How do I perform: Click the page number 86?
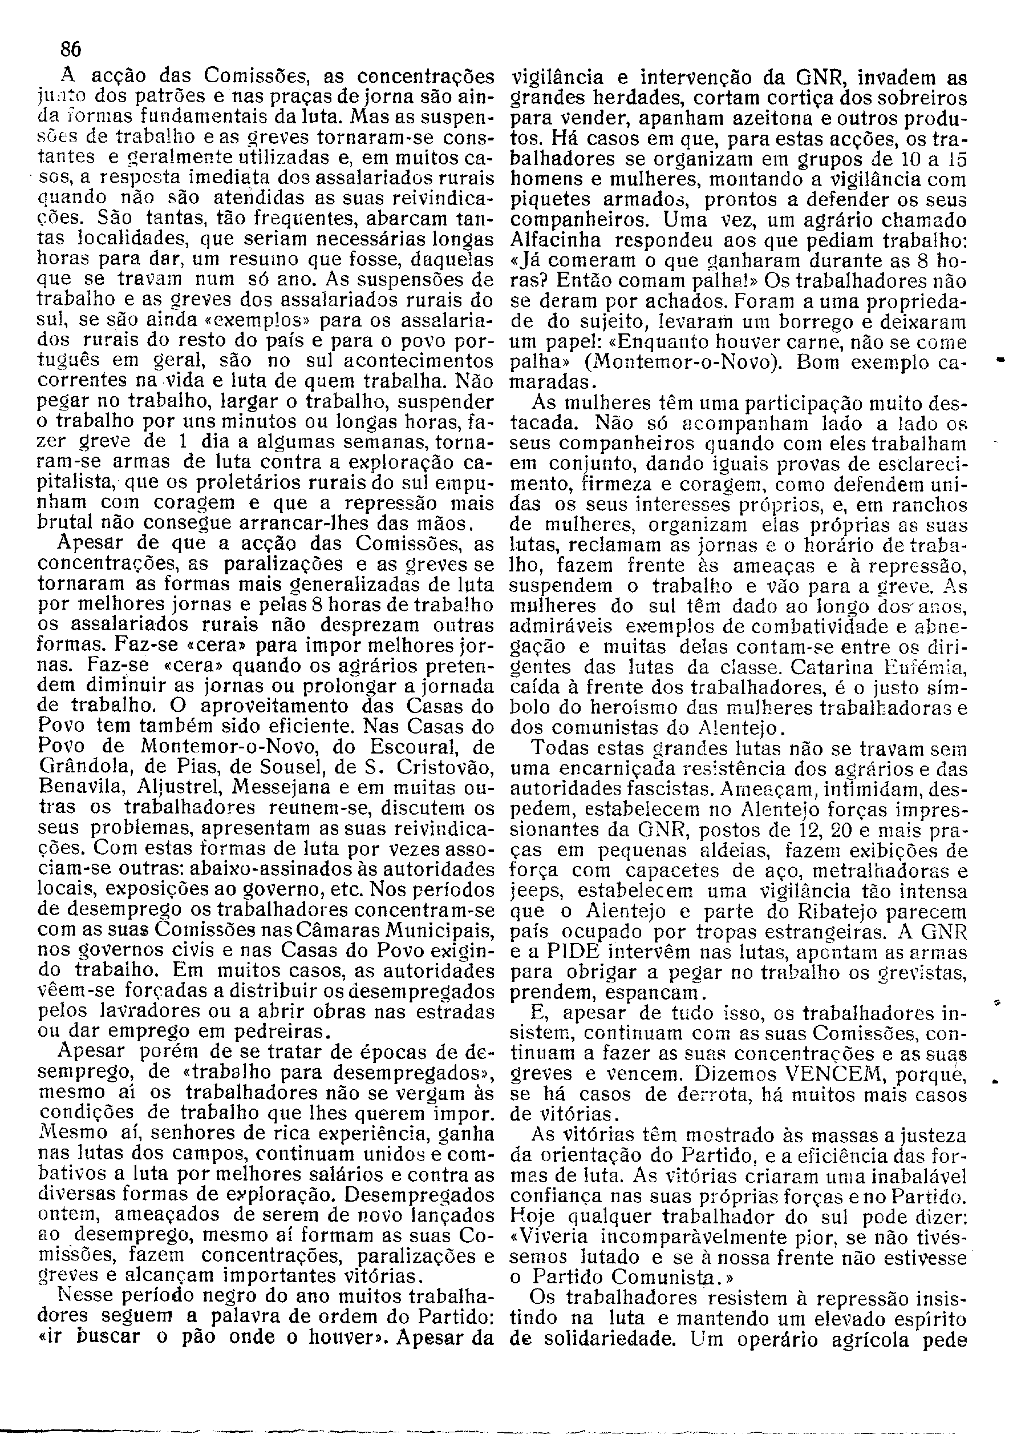(x=71, y=49)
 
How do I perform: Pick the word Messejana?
(x=275, y=788)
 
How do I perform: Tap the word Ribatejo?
(x=838, y=911)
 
